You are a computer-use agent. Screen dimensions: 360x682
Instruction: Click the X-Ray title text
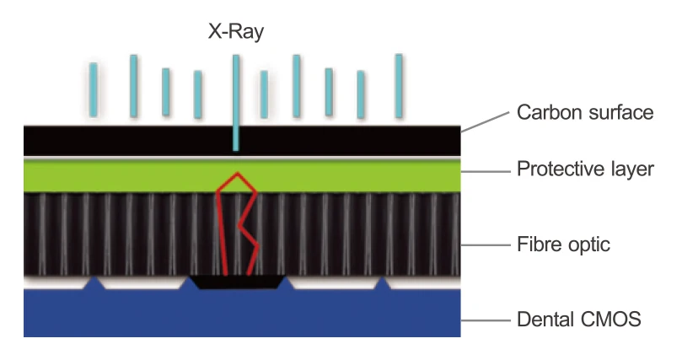click(x=236, y=32)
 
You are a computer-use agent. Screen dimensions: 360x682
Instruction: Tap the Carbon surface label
click(x=585, y=112)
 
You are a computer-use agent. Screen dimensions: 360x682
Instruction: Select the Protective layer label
click(x=585, y=169)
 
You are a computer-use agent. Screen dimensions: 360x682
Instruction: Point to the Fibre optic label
click(x=563, y=245)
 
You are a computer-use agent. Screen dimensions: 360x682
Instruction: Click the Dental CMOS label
click(x=579, y=320)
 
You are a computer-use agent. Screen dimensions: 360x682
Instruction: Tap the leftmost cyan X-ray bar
click(x=94, y=89)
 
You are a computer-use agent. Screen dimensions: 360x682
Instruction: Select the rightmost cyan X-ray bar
click(x=399, y=80)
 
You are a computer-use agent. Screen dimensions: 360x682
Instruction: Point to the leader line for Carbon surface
click(x=486, y=121)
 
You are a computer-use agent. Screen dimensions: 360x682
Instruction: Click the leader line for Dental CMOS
click(x=486, y=320)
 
